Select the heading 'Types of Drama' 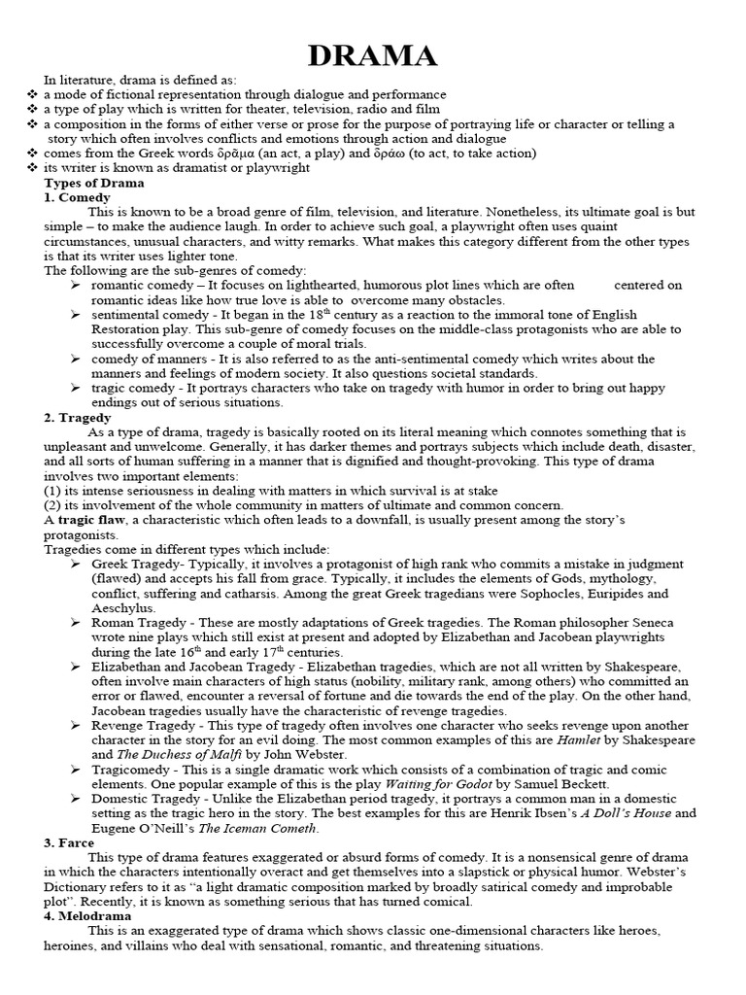(93, 183)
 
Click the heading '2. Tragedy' (81, 417)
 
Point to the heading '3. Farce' (72, 842)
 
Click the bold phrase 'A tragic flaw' (81, 520)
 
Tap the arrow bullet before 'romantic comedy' (77, 285)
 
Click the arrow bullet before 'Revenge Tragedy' (77, 725)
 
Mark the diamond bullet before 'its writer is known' (32, 168)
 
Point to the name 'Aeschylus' (124, 607)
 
